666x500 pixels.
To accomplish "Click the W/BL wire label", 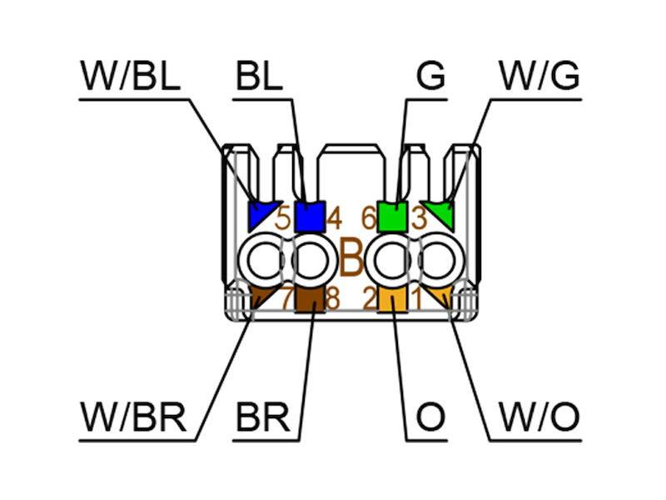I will (130, 77).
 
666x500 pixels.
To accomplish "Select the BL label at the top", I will (259, 77).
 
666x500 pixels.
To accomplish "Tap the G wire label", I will (430, 77).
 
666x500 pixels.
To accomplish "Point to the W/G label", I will (539, 77).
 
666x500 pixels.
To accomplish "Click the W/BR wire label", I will (133, 417).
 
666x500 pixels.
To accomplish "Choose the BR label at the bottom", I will (262, 417).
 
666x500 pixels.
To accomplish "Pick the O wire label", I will (430, 417).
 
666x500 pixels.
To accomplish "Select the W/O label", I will (538, 417).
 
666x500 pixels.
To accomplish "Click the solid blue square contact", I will (310, 217).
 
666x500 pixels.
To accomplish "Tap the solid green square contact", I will (392, 217).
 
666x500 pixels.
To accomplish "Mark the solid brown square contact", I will (310, 299).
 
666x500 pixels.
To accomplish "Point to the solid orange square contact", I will (392, 299).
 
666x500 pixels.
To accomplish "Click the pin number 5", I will (283, 219).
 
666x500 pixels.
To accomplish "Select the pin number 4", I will (335, 219).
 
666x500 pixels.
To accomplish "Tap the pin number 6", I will (368, 219).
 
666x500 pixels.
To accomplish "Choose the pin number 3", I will (419, 219).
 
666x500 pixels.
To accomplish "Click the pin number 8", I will (333, 298).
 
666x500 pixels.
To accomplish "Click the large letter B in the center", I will (351, 260).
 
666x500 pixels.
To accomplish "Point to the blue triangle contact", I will (261, 215).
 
